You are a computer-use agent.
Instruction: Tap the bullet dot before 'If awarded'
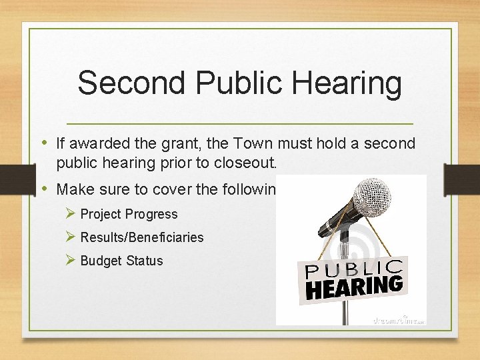pos(45,143)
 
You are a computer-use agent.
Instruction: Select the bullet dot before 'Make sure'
pos(45,189)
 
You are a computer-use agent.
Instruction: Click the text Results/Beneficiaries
pos(142,237)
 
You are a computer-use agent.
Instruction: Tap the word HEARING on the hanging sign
pos(354,287)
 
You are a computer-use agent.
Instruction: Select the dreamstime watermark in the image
pos(397,319)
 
